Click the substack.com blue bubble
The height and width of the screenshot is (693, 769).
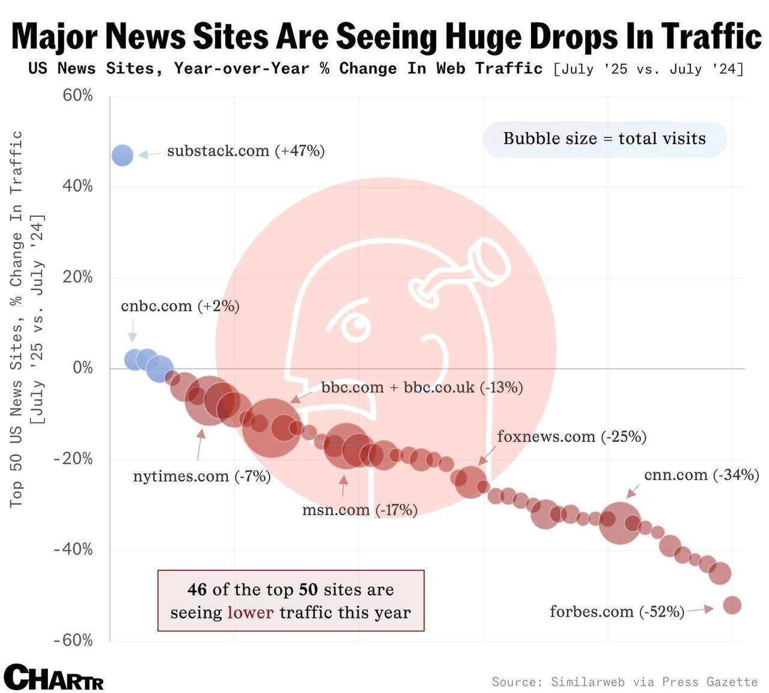pyautogui.click(x=123, y=155)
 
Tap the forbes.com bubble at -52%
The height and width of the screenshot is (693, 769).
pyautogui.click(x=732, y=605)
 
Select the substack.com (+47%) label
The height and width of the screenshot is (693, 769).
pyautogui.click(x=246, y=151)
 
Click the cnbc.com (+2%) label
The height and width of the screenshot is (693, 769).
pyautogui.click(x=180, y=306)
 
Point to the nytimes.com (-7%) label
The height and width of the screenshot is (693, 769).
pyautogui.click(x=202, y=476)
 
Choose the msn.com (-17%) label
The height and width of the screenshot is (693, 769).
pyautogui.click(x=359, y=510)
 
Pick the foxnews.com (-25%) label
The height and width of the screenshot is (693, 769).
pyautogui.click(x=571, y=437)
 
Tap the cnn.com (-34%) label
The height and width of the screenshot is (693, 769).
pyautogui.click(x=702, y=475)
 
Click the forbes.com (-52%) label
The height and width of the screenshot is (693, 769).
pyautogui.click(x=617, y=611)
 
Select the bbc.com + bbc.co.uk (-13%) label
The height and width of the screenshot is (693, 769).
pyautogui.click(x=422, y=387)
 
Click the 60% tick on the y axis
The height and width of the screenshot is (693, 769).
pyautogui.click(x=78, y=95)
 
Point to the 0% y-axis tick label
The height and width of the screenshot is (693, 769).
pyautogui.click(x=83, y=368)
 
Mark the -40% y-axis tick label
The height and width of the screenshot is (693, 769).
pyautogui.click(x=73, y=549)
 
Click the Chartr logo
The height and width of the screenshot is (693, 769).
pyautogui.click(x=54, y=677)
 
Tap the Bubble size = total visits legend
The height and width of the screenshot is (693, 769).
pyautogui.click(x=604, y=139)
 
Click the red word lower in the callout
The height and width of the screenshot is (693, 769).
pyautogui.click(x=250, y=613)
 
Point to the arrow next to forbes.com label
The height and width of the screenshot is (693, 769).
pyautogui.click(x=700, y=610)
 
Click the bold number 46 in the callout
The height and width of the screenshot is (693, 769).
pyautogui.click(x=197, y=589)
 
